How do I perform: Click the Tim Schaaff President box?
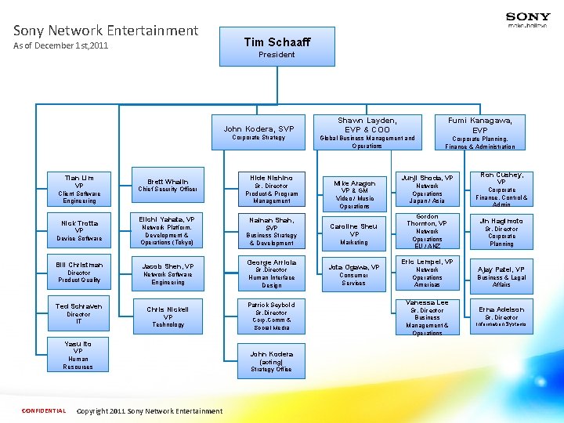click(x=277, y=47)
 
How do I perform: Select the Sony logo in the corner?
click(x=527, y=19)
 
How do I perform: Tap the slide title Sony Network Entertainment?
click(x=106, y=31)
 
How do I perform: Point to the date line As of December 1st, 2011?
click(x=61, y=46)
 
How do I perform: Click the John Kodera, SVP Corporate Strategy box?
click(x=258, y=132)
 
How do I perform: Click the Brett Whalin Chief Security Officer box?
click(x=168, y=185)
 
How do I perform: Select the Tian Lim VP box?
click(x=78, y=189)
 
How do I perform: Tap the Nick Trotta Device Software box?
click(x=78, y=230)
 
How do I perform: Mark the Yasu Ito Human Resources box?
click(x=78, y=355)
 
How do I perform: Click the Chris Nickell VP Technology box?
click(x=168, y=316)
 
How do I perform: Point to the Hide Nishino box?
click(x=271, y=189)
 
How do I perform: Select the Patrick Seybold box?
click(x=271, y=316)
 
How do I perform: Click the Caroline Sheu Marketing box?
click(x=354, y=234)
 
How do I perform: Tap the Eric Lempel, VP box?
click(x=427, y=273)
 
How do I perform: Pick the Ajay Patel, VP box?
click(x=501, y=273)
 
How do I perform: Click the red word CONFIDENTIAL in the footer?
click(x=44, y=410)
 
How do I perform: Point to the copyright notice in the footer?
click(x=150, y=410)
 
